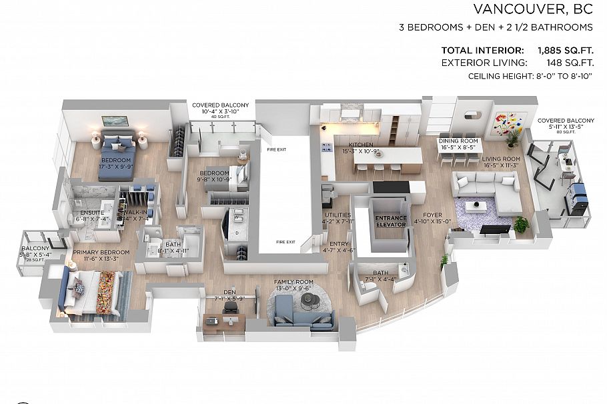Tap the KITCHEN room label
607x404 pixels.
point(360,145)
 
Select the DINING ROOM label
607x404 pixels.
point(458,141)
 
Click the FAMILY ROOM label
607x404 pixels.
point(294,283)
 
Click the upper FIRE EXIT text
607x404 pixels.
point(276,150)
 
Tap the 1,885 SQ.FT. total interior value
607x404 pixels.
point(566,51)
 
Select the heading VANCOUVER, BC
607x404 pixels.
point(533,9)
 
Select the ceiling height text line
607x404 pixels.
point(531,76)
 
